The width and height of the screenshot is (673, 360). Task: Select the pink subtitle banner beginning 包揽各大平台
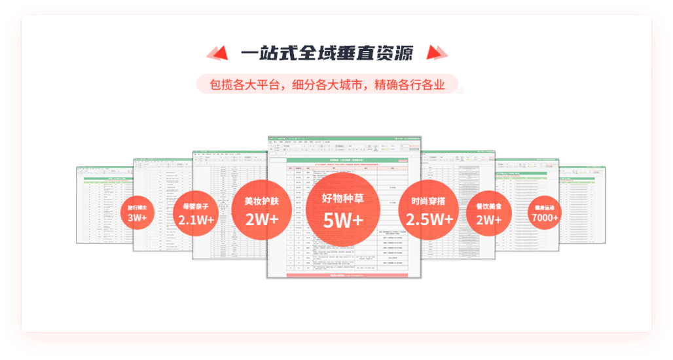coord(327,84)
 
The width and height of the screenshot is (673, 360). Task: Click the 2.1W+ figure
coord(196,220)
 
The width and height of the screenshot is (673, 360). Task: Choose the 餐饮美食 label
coord(488,206)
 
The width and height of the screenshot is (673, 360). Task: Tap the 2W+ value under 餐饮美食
coord(488,220)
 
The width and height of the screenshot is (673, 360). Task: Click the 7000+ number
coord(545,217)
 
